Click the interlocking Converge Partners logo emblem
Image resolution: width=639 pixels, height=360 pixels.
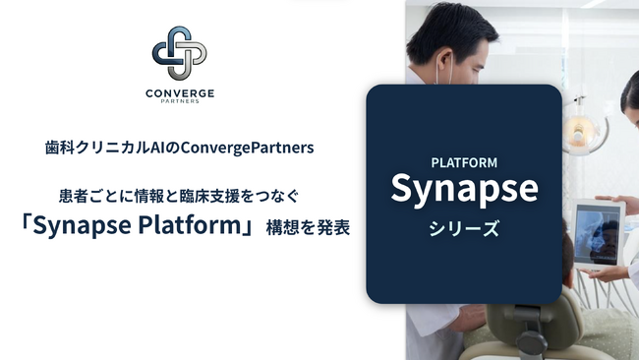point(179,53)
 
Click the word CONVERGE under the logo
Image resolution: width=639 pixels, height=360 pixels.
point(180,93)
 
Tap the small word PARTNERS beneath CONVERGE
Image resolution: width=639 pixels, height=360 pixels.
point(180,101)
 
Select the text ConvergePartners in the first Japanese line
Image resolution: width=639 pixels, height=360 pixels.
point(247,148)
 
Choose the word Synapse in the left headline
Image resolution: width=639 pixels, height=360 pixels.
point(83,225)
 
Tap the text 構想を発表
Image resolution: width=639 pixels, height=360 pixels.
point(308,227)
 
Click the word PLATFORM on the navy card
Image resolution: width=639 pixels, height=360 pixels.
point(464,162)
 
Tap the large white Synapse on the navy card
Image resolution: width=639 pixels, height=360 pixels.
point(465,188)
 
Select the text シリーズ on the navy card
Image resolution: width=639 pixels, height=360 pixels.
point(464,228)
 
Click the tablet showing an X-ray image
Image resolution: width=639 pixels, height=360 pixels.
point(597,234)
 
